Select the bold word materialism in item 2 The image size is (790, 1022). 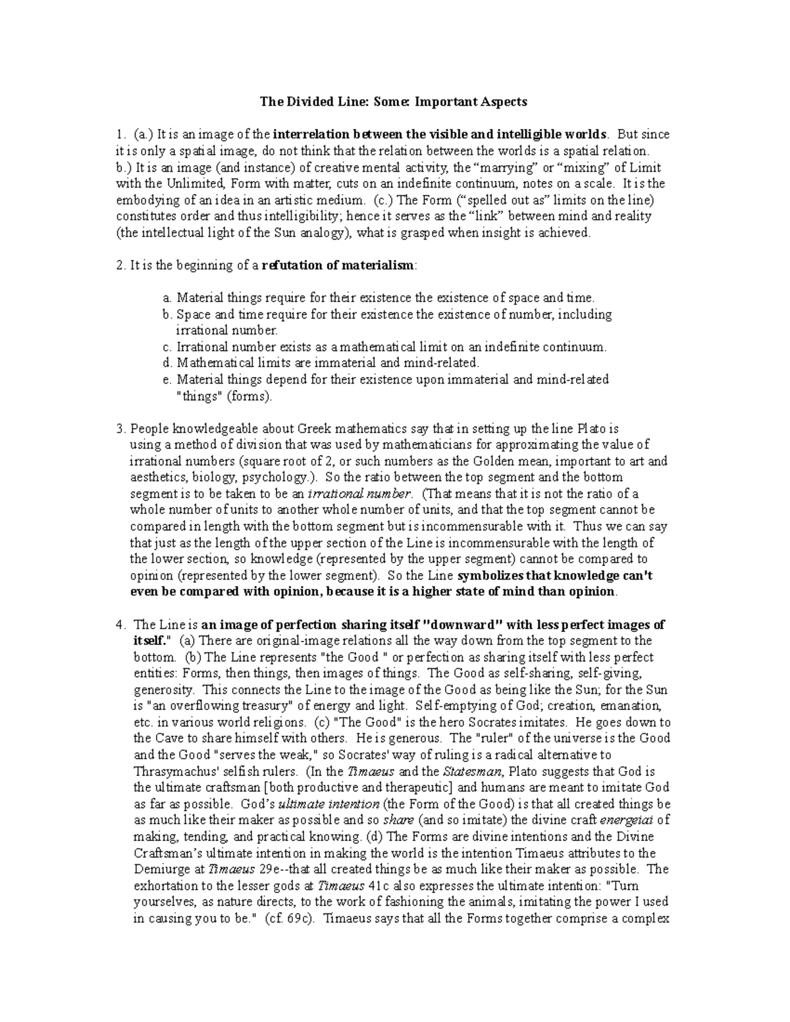[381, 266]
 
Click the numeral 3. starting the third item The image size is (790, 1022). [120, 428]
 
